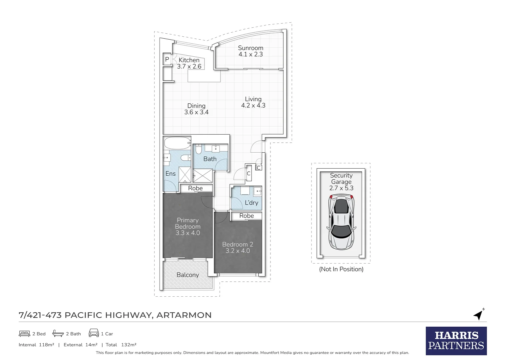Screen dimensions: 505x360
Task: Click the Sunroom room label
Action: tap(251, 51)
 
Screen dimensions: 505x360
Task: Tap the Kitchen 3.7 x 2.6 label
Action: tap(189, 63)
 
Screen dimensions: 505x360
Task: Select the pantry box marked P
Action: tap(167, 59)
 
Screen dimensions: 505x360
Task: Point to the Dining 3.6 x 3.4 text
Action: tap(196, 109)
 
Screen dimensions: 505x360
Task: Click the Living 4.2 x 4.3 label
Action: tap(253, 102)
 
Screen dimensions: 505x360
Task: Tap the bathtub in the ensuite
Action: tap(178, 143)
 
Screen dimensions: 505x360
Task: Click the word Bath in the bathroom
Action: tap(210, 159)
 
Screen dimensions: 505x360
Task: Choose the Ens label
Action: tap(171, 174)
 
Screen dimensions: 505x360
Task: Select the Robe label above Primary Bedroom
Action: tap(196, 188)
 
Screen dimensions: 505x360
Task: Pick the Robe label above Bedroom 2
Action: tap(247, 216)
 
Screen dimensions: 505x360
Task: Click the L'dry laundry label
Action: tap(252, 203)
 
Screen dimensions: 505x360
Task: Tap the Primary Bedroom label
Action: tap(188, 226)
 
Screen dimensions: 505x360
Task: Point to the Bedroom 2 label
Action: tap(238, 247)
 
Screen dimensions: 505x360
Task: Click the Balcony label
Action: tap(188, 275)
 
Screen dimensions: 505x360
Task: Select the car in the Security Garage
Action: tap(341, 222)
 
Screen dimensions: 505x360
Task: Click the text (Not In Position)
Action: tap(341, 269)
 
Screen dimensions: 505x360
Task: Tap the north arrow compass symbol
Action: tap(479, 314)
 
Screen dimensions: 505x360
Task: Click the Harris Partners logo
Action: tap(456, 341)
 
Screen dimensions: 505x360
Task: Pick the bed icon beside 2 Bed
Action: tap(24, 334)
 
